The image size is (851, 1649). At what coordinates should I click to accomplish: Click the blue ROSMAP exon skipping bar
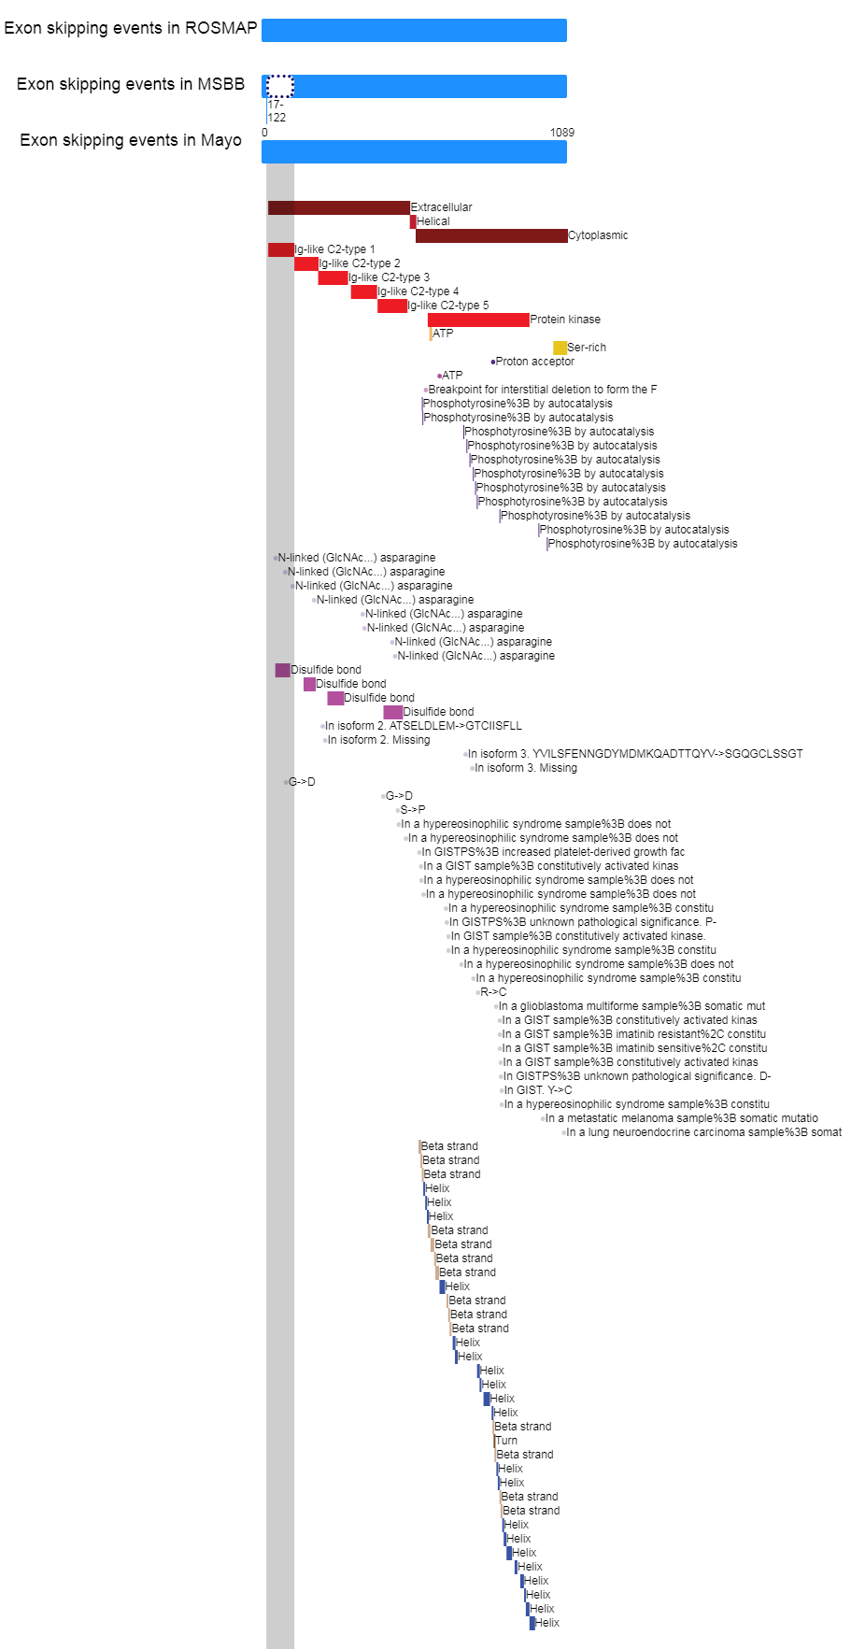pyautogui.click(x=414, y=30)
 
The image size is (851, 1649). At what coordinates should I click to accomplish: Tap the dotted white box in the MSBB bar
pyautogui.click(x=279, y=87)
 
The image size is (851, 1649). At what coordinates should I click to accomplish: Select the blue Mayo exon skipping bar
pyautogui.click(x=414, y=151)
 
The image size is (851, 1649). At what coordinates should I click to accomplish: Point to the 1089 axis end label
pyautogui.click(x=561, y=133)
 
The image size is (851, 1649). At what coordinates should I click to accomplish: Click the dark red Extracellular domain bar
pyautogui.click(x=338, y=207)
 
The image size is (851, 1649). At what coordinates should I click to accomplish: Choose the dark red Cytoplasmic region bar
pyautogui.click(x=491, y=235)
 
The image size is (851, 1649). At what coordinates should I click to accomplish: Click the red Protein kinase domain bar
pyautogui.click(x=478, y=320)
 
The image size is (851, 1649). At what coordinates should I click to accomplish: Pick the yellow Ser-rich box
pyautogui.click(x=560, y=348)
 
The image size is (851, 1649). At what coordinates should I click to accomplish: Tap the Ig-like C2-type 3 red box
pyautogui.click(x=333, y=277)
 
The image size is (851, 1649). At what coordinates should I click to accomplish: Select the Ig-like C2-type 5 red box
pyautogui.click(x=391, y=306)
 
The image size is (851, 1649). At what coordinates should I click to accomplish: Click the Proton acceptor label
pyautogui.click(x=534, y=362)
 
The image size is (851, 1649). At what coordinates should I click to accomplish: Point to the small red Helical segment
pyautogui.click(x=413, y=221)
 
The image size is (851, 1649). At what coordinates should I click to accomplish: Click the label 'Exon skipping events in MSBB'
pyautogui.click(x=131, y=84)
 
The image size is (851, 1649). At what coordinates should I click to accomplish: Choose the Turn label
pyautogui.click(x=506, y=1441)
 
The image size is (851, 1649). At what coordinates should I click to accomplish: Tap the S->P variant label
pyautogui.click(x=412, y=810)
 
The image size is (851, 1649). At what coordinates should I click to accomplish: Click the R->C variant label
pyautogui.click(x=493, y=992)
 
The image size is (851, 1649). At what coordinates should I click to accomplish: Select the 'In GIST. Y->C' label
pyautogui.click(x=538, y=1090)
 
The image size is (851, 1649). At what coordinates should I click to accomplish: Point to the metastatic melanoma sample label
pyautogui.click(x=681, y=1118)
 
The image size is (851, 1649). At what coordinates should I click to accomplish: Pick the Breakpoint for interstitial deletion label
pyautogui.click(x=542, y=390)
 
